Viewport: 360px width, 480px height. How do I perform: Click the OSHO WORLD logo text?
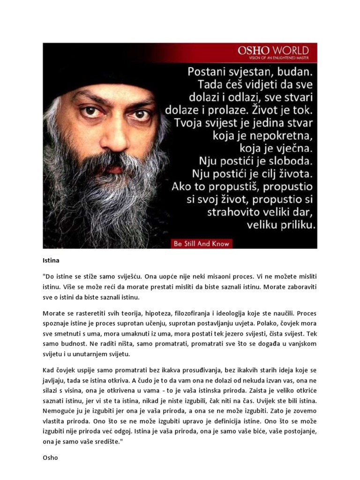(273, 50)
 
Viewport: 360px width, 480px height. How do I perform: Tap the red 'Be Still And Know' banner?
(202, 244)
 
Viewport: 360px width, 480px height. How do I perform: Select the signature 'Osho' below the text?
(50, 457)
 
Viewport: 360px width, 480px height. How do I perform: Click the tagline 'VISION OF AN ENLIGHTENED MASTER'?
(273, 58)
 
